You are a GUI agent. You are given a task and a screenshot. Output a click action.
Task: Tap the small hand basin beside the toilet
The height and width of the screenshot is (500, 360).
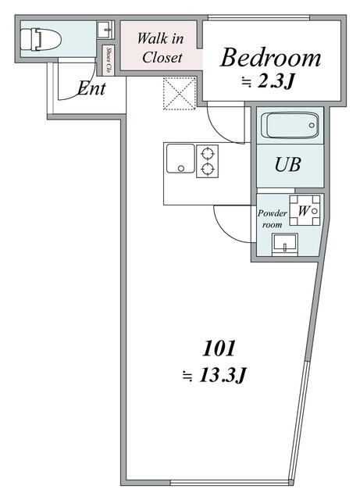tap(105, 30)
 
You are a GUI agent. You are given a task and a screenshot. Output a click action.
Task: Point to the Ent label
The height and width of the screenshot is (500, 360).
tap(91, 88)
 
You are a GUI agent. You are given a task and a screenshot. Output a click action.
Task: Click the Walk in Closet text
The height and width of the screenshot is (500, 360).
tap(161, 48)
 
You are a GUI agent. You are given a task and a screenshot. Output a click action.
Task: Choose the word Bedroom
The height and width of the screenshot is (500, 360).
tap(270, 57)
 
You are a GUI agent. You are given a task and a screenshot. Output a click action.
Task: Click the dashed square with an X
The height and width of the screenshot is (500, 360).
tap(178, 94)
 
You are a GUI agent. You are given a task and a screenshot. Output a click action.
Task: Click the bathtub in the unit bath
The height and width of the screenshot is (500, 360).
tap(289, 126)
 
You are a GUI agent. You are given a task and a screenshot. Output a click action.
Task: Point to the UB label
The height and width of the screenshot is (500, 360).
tap(287, 166)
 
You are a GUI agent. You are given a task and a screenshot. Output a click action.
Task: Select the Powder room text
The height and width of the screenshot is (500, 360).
tap(273, 218)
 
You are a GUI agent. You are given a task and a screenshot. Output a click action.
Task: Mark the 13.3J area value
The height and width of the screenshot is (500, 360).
tap(215, 376)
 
